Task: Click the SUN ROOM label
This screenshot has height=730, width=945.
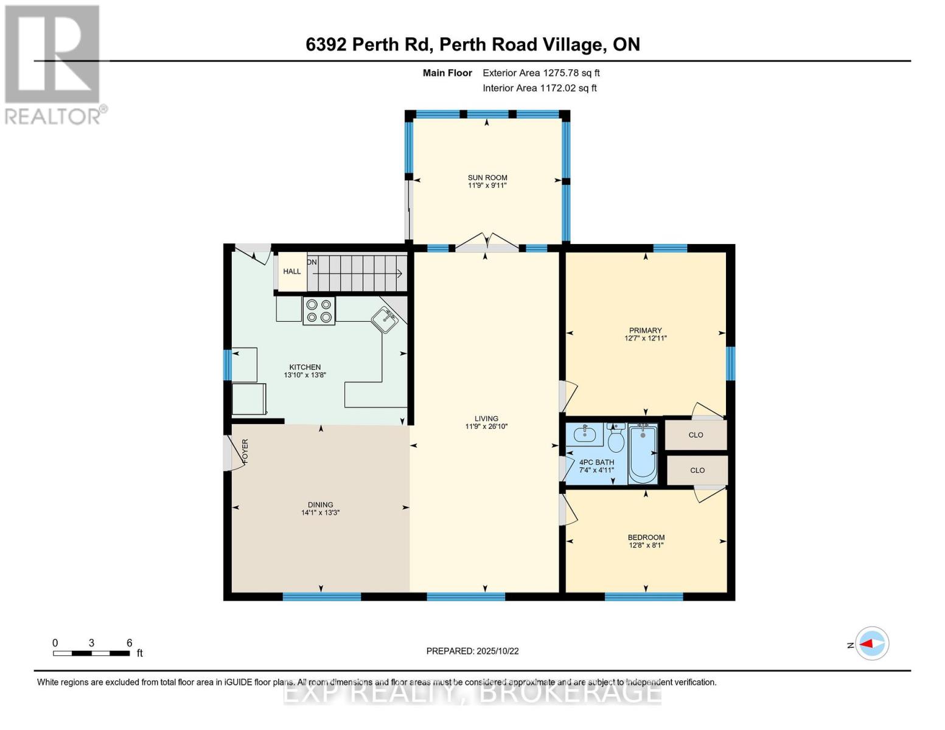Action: [487, 178]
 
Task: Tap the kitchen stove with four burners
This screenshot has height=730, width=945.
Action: [319, 311]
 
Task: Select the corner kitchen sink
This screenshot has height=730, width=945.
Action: [385, 319]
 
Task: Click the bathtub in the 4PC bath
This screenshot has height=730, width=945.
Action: [643, 453]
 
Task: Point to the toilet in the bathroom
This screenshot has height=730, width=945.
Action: [616, 439]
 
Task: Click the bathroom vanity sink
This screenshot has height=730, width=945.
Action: [585, 434]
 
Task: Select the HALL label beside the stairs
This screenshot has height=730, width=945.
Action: [292, 271]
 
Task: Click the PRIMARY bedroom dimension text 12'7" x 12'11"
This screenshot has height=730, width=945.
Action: [646, 338]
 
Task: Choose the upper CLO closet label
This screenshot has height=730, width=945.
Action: [696, 435]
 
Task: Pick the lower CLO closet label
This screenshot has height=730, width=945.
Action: [697, 470]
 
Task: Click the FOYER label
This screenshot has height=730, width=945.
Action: [246, 451]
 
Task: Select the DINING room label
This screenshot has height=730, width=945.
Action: [320, 504]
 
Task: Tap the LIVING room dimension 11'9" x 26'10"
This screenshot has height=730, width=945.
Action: [486, 426]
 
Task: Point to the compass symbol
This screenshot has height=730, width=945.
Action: [872, 644]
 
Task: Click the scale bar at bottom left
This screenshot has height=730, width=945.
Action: [91, 653]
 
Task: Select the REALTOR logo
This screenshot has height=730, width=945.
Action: [54, 64]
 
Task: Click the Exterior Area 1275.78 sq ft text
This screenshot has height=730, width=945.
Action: [541, 73]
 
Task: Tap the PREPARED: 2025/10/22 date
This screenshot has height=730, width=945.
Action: [472, 651]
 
